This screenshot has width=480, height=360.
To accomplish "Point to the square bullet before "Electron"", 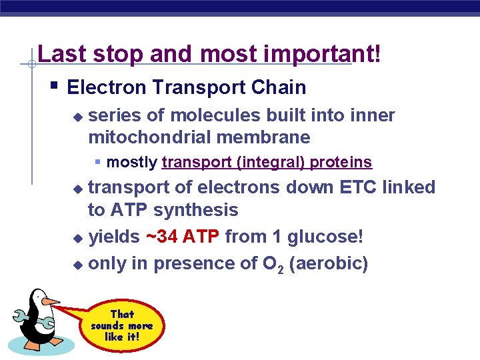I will (x=54, y=85).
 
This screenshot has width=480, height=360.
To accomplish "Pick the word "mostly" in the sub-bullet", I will (x=132, y=162).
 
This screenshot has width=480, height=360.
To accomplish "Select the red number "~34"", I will (x=161, y=237).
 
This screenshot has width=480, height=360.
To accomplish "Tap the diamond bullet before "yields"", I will (x=78, y=238).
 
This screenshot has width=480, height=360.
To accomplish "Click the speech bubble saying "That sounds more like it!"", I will (x=122, y=325).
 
